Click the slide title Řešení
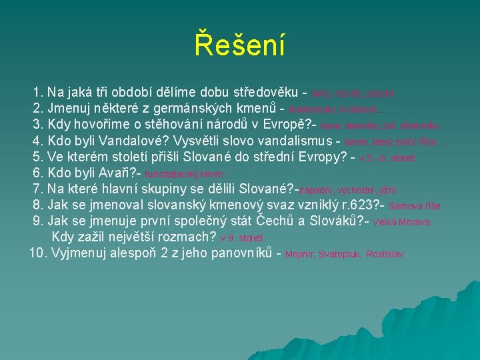[240, 45]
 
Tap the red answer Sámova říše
[415, 207]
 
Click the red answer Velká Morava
[401, 223]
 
